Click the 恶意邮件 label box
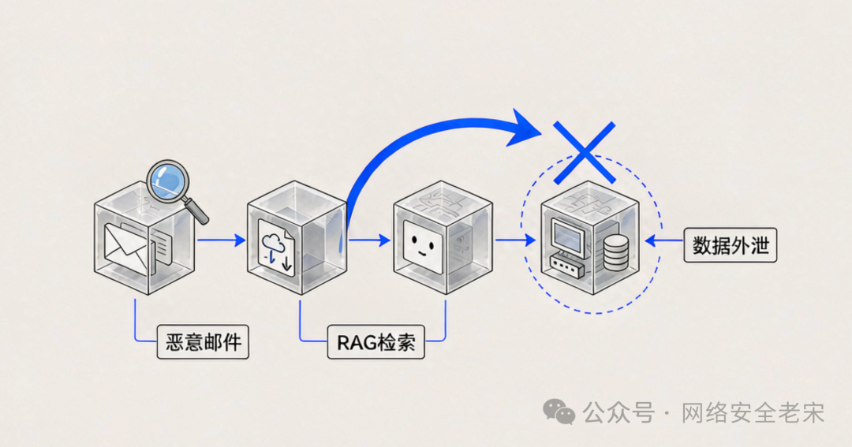[x=203, y=342]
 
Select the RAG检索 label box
[x=376, y=342]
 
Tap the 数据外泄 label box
[x=731, y=245]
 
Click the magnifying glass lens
[x=168, y=181]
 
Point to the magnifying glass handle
[x=196, y=211]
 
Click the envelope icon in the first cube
[x=125, y=248]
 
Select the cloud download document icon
[x=275, y=248]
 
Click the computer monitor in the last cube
[x=568, y=237]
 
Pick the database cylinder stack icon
[x=615, y=253]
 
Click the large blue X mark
[x=585, y=153]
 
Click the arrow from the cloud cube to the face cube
[x=369, y=240]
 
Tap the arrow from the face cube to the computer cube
[x=516, y=240]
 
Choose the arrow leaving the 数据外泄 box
[x=664, y=240]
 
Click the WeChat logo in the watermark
[x=559, y=412]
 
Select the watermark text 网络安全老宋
[x=753, y=413]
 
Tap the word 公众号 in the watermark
[x=618, y=413]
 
